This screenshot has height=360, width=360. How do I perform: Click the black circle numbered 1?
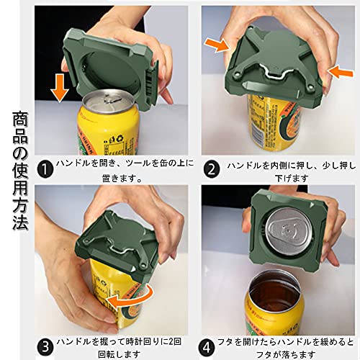coord(45,170)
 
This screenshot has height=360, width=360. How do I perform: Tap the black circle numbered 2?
coord(211,170)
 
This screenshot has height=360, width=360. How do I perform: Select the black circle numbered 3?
coord(45,347)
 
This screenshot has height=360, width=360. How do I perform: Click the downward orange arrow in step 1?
coord(60,88)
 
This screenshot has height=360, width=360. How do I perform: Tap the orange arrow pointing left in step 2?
coord(341,71)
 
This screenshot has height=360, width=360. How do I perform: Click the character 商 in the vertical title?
coord(20,120)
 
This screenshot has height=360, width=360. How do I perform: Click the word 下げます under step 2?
coord(292,179)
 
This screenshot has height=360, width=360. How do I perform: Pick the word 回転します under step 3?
coord(120,354)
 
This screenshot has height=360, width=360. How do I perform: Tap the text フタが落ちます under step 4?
coord(286,354)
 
